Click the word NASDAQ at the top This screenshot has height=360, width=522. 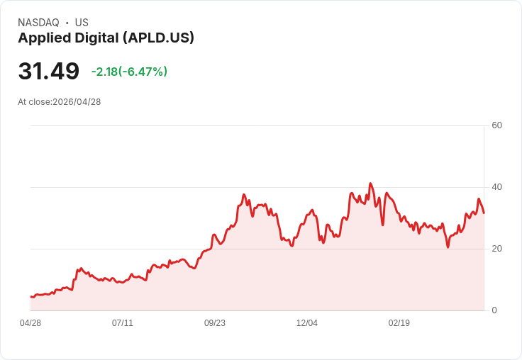click(38, 23)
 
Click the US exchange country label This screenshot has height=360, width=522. click(82, 23)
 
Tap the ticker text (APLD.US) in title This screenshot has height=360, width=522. click(158, 38)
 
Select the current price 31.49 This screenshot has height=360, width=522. click(48, 72)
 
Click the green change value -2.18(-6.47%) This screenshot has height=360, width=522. click(129, 72)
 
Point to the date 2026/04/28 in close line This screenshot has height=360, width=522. click(77, 102)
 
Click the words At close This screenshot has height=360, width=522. click(34, 102)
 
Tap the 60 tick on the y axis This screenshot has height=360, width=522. click(496, 125)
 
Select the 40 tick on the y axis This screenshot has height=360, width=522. click(496, 187)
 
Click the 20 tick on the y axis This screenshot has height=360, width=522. click(496, 249)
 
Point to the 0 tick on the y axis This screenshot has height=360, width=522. click(494, 310)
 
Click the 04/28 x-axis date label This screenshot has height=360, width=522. click(30, 323)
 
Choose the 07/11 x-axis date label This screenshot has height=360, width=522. click(123, 323)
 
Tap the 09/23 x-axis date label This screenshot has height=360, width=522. click(215, 323)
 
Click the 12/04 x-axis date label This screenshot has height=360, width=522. click(307, 323)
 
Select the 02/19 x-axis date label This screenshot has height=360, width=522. click(399, 323)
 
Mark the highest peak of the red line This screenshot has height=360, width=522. click(370, 184)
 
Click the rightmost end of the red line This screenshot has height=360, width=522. click(484, 213)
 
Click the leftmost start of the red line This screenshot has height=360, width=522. click(31, 296)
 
